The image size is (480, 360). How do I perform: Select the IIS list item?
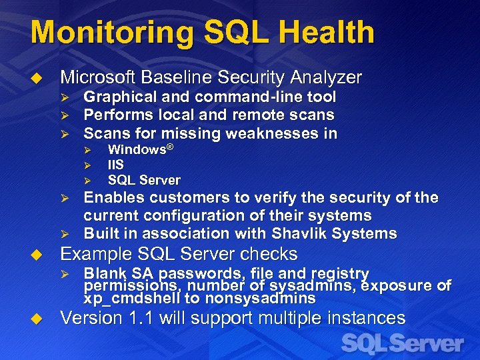(116, 165)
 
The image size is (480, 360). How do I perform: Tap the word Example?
(95, 255)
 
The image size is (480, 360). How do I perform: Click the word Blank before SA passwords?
(103, 273)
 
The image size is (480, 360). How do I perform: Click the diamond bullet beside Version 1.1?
(38, 319)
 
